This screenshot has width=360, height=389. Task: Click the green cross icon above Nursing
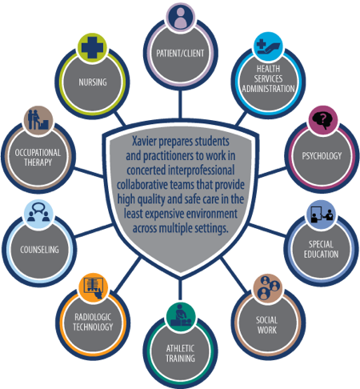[x=92, y=48]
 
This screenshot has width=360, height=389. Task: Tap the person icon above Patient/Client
[x=180, y=16]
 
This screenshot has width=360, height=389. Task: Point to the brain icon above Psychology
[x=323, y=120]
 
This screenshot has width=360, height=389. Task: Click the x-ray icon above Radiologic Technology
[x=94, y=287]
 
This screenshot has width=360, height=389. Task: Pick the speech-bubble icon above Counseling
[x=38, y=214]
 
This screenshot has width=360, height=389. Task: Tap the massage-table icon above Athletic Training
[x=181, y=317]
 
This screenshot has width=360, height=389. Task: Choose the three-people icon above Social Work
[x=267, y=288]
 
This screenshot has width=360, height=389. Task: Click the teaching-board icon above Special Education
[x=322, y=215]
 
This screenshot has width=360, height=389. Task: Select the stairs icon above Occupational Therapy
[x=38, y=121]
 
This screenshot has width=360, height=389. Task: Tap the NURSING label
[x=93, y=82]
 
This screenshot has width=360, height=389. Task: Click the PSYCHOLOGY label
[x=322, y=156]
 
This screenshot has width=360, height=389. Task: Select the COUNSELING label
[x=39, y=250]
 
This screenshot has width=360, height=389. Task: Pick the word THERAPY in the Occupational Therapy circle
[x=38, y=162]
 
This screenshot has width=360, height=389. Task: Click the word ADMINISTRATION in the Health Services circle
[x=268, y=89]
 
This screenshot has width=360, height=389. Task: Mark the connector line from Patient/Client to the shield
[x=180, y=104]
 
